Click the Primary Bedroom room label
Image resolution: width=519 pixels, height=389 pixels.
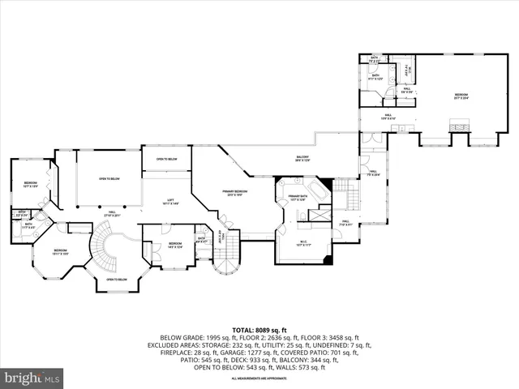tap(235, 192)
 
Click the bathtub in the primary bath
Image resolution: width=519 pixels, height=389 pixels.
tap(314, 194)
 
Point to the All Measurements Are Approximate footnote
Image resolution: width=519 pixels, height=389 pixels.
tap(259, 378)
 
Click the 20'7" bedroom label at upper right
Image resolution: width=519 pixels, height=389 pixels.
tap(461, 96)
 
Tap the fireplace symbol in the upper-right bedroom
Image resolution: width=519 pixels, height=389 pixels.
tap(461, 127)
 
